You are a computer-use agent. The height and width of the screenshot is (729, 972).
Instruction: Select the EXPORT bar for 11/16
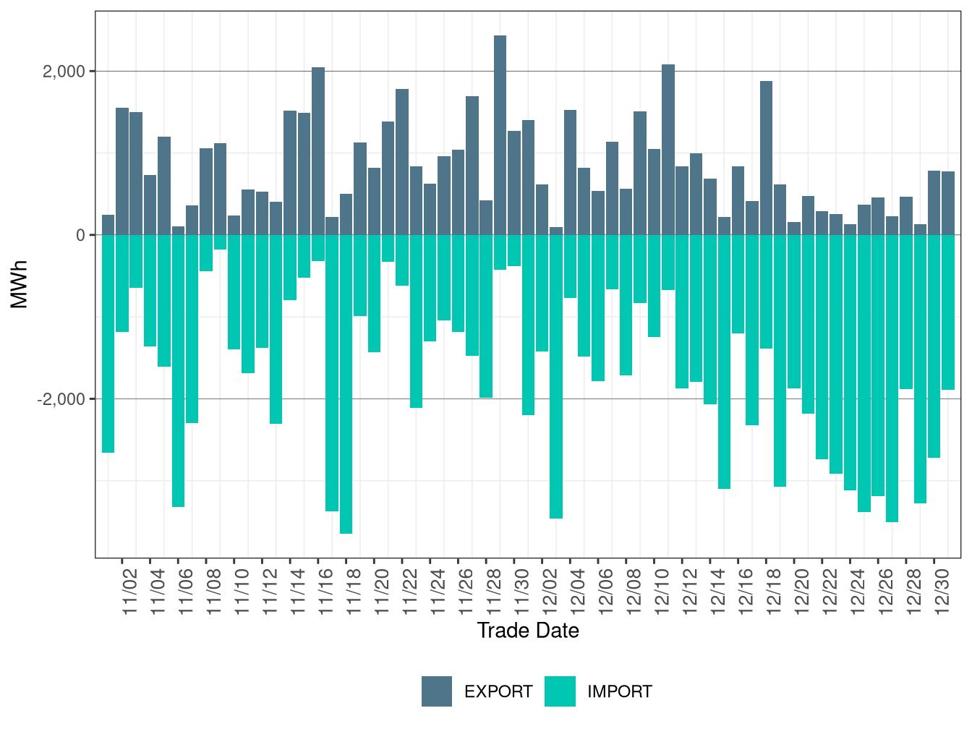click(x=318, y=151)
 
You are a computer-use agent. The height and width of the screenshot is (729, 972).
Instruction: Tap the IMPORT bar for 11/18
click(x=346, y=384)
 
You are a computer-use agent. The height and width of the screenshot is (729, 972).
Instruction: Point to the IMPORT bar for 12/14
click(x=724, y=362)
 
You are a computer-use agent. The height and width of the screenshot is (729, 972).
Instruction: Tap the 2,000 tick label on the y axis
click(x=64, y=72)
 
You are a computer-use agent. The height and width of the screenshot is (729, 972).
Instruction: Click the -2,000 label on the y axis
click(x=61, y=399)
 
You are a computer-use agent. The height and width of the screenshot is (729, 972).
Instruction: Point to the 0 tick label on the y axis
click(x=80, y=235)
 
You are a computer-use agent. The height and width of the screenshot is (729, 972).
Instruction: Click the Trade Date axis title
click(x=528, y=631)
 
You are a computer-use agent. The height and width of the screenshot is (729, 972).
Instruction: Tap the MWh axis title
click(x=20, y=284)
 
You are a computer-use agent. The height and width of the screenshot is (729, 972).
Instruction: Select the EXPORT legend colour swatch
click(x=437, y=691)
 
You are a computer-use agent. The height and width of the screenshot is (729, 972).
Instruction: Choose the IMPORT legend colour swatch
click(x=560, y=691)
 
